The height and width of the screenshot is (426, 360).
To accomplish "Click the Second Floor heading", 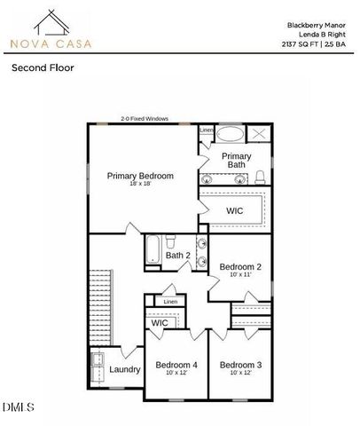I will [42, 67].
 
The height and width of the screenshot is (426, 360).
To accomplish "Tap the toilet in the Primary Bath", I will [261, 176].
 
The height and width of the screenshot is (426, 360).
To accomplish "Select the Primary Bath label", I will [237, 160].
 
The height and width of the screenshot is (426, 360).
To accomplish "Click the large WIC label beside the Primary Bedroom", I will [235, 210].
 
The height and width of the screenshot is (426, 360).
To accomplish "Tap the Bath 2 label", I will [178, 256].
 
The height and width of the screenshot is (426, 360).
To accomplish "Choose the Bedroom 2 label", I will [240, 266].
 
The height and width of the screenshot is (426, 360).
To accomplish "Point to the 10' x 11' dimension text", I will [240, 275].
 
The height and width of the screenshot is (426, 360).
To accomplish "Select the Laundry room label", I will [125, 369].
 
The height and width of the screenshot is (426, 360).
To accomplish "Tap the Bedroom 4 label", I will [176, 365].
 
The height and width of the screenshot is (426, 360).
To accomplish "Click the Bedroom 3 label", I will [240, 365].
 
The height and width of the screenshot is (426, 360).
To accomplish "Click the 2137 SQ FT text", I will [302, 43].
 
